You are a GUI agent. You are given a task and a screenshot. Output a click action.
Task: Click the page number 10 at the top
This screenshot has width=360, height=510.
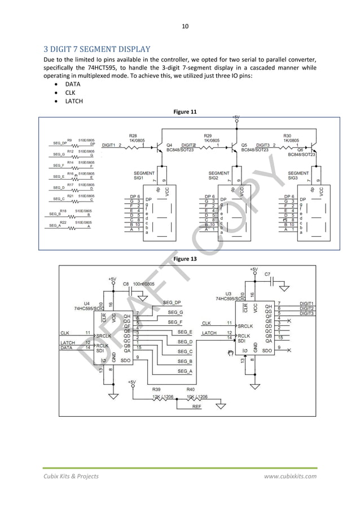185,25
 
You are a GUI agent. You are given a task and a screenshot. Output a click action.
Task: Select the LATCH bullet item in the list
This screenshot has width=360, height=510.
73,101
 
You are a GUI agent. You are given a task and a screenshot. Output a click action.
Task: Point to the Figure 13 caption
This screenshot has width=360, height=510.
186,258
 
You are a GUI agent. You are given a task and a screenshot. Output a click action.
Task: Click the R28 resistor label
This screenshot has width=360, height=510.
133,136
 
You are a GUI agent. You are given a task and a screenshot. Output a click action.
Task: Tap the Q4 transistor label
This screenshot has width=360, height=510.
169,145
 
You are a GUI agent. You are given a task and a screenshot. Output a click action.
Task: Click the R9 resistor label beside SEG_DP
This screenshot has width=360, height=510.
69,139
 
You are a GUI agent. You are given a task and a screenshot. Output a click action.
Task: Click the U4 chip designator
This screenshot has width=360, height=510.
86,303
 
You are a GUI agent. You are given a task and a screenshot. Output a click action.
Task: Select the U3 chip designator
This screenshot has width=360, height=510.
228,294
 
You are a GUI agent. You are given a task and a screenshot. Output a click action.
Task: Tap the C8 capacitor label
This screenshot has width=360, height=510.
126,284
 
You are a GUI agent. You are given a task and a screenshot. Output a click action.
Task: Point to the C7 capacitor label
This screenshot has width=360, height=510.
267,274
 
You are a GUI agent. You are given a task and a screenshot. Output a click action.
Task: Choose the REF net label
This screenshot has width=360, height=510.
197,406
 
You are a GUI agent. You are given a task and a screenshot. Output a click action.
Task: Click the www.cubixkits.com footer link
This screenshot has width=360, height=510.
291,476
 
